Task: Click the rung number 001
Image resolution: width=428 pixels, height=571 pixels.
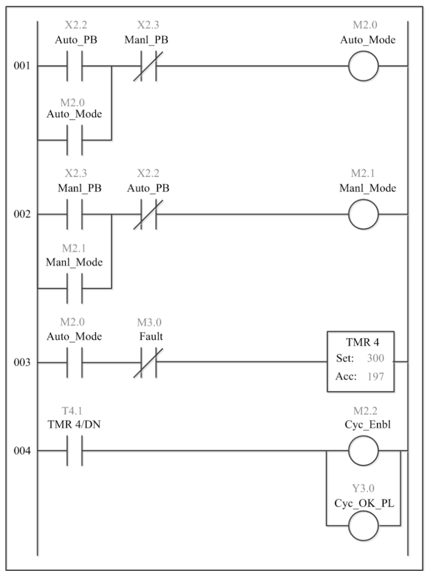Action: click(x=22, y=66)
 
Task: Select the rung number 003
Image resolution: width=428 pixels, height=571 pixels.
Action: click(x=22, y=363)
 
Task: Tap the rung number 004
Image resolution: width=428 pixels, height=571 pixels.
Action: click(x=22, y=451)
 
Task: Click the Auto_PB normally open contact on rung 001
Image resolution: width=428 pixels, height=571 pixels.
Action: click(x=75, y=66)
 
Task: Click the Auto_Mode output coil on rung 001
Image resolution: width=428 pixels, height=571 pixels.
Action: click(x=363, y=66)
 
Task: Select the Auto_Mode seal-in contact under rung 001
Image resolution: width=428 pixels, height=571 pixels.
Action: click(x=75, y=140)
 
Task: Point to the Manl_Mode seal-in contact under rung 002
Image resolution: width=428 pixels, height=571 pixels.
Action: click(x=75, y=288)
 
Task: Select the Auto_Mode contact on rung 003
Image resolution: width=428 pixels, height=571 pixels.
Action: click(x=75, y=363)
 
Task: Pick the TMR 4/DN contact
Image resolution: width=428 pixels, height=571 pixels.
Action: click(x=75, y=451)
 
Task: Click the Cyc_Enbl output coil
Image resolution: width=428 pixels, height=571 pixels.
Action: click(x=363, y=451)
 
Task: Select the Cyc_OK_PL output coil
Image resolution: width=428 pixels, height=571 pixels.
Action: click(x=363, y=525)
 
